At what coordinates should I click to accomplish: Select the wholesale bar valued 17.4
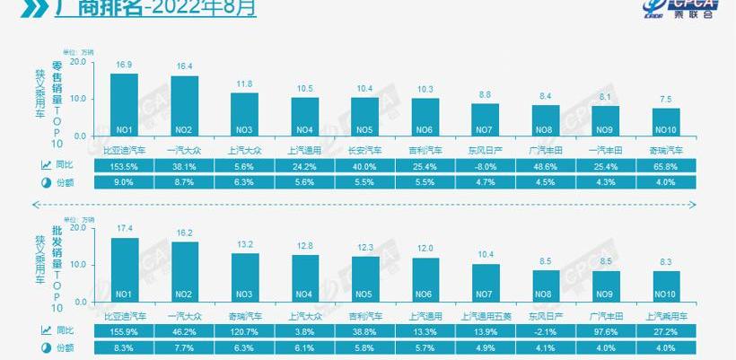124,268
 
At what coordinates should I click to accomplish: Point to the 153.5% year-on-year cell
124,166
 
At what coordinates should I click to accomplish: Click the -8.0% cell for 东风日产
485,166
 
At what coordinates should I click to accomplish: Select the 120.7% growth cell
245,331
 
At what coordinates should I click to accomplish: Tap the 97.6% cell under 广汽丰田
606,331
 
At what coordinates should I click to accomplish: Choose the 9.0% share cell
124,182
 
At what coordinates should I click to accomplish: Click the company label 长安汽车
364,150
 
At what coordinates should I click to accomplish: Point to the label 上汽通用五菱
486,315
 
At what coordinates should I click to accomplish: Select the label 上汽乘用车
666,315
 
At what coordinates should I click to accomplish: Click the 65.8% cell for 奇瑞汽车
666,166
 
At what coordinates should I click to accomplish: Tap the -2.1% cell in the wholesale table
546,331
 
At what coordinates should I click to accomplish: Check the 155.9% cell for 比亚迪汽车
124,331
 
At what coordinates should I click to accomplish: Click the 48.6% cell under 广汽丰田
546,166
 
